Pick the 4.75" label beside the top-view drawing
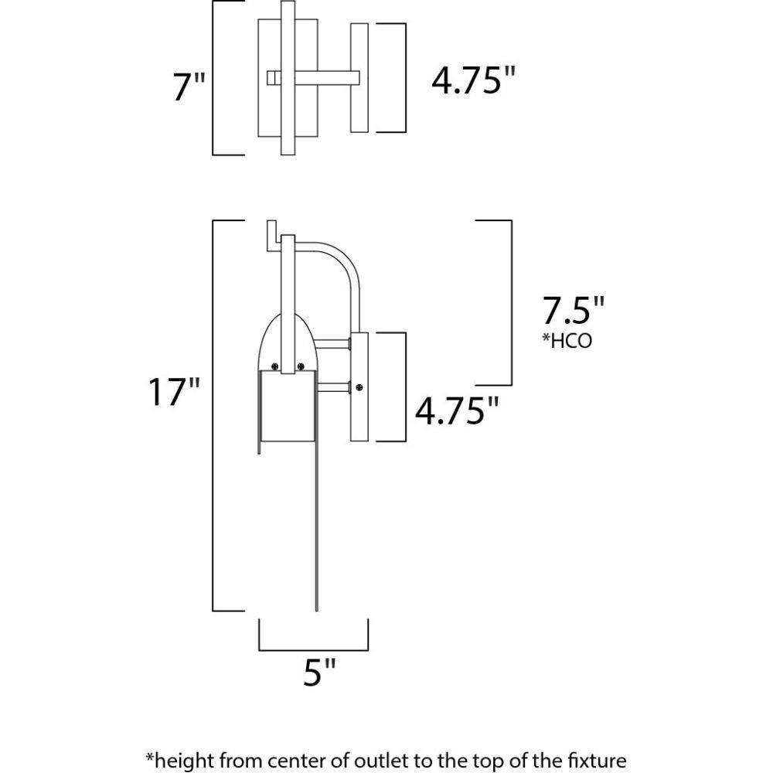(473, 80)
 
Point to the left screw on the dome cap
(274, 367)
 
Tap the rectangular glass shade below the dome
(286, 410)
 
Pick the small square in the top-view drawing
(271, 77)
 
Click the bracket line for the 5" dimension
(313, 649)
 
